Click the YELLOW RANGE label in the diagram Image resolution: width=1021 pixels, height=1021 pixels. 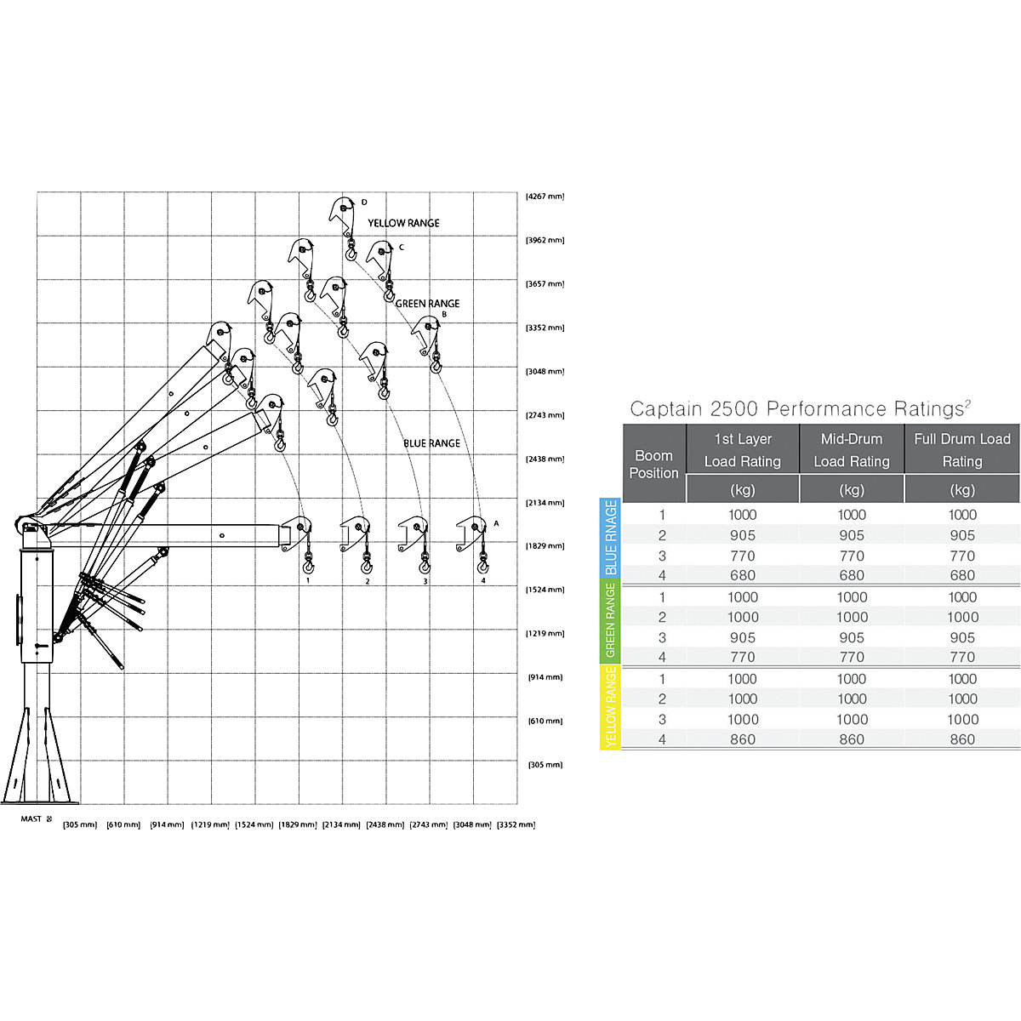(403, 223)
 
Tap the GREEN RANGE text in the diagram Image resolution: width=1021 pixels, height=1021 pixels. (427, 304)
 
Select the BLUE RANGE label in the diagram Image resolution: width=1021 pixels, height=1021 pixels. (431, 443)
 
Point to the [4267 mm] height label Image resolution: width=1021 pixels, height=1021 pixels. (545, 197)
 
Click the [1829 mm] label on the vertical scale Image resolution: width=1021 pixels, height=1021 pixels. (545, 546)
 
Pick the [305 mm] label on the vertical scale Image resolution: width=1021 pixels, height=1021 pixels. (545, 765)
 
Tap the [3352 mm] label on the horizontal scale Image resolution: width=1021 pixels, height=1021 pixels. (516, 824)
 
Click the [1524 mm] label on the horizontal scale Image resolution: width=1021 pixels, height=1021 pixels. (254, 824)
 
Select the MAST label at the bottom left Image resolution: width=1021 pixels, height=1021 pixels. (31, 819)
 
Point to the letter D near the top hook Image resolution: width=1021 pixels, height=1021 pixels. (364, 202)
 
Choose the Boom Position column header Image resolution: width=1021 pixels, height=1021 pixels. (653, 464)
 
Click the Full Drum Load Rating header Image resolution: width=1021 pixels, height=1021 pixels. (961, 450)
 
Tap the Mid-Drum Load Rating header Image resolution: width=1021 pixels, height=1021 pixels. (851, 450)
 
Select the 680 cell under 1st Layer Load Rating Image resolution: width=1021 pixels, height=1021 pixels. (742, 575)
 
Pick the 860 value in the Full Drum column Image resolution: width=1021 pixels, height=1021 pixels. (961, 739)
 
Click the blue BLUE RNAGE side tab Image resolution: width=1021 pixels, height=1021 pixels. (610, 539)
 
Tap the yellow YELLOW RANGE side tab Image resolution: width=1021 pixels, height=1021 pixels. (610, 707)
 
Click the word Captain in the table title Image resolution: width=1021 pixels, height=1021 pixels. (666, 409)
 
